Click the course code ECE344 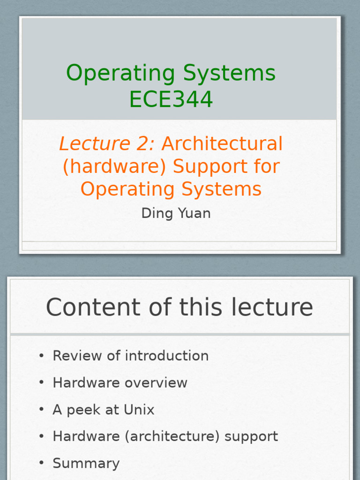point(171,99)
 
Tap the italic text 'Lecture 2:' point(106,144)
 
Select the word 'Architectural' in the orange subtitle point(222,144)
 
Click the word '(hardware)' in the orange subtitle point(115,166)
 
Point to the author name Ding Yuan point(176,213)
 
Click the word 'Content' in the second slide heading point(96,307)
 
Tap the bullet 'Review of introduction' point(130,356)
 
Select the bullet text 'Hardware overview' point(120,382)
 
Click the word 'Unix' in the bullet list point(139,410)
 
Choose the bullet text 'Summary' point(86,464)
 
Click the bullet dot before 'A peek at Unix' point(42,410)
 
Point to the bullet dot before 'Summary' point(42,464)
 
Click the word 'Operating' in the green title point(121,73)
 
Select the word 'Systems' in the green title point(229,73)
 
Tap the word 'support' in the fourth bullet point(251,436)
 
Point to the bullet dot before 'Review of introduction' point(42,356)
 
